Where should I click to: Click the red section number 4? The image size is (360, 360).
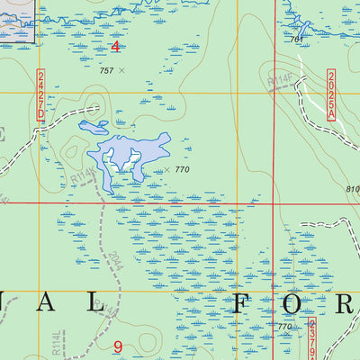click(x=114, y=46)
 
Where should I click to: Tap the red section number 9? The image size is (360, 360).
click(x=118, y=346)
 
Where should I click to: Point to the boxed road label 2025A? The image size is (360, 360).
click(x=331, y=94)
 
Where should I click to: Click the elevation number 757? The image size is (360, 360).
click(x=106, y=69)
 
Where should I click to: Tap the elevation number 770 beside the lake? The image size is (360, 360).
click(x=183, y=169)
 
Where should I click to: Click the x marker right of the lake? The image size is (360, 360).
click(x=166, y=168)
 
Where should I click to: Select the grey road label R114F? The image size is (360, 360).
click(x=279, y=84)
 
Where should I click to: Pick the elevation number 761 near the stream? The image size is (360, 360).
click(x=296, y=40)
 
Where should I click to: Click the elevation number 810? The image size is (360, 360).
click(x=352, y=189)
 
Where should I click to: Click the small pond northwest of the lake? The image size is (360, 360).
click(x=94, y=126)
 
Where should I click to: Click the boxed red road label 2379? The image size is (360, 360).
click(x=312, y=338)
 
